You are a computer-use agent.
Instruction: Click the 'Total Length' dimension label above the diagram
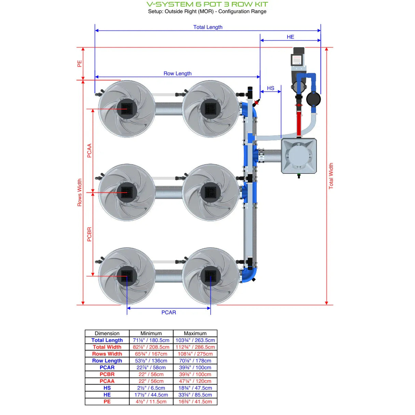click(207, 27)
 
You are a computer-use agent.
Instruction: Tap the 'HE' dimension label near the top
click(290, 37)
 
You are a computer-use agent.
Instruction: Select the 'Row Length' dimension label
click(177, 73)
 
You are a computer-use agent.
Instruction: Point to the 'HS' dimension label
click(270, 88)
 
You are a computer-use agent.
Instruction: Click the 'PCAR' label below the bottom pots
click(169, 312)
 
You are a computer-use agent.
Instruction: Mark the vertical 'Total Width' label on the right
click(331, 176)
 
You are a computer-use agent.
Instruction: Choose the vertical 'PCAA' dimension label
click(89, 150)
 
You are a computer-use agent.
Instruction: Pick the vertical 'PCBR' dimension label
click(89, 234)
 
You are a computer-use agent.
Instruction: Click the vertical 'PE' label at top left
click(80, 64)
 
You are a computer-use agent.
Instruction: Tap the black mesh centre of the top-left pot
click(127, 109)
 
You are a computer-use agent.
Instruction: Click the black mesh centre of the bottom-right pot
click(210, 276)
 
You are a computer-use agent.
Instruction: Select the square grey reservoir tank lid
click(298, 156)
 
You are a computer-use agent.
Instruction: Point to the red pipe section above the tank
click(299, 123)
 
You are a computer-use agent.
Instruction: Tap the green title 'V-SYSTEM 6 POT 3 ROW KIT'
click(207, 4)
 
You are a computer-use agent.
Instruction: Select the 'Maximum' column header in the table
click(195, 333)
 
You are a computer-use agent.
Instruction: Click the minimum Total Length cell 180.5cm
click(151, 340)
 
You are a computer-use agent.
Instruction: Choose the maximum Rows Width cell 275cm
click(195, 354)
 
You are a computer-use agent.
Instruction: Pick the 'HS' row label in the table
click(107, 388)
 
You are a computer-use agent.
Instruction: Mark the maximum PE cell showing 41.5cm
click(195, 402)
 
